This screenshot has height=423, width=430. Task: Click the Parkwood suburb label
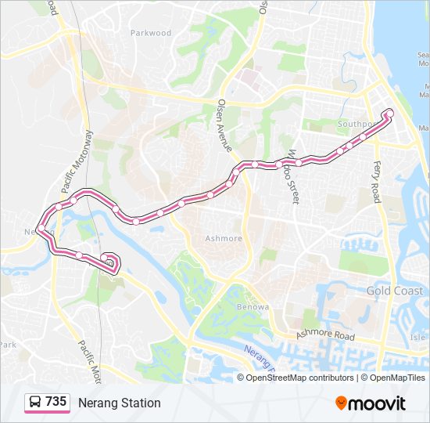click(x=150, y=33)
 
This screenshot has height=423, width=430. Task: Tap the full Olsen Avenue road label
click(x=224, y=125)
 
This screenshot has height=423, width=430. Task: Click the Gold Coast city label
click(x=395, y=291)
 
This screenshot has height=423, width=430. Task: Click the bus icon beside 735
click(x=35, y=403)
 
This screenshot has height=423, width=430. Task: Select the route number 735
click(x=56, y=402)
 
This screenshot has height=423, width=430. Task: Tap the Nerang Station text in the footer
click(x=119, y=403)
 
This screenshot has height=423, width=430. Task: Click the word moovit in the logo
click(x=378, y=403)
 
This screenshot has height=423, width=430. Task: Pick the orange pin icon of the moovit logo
click(x=342, y=403)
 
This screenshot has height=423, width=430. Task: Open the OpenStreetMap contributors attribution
click(x=299, y=378)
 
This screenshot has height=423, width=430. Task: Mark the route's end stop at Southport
click(x=389, y=115)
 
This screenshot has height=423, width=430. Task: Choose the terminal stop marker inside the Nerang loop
click(x=104, y=257)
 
